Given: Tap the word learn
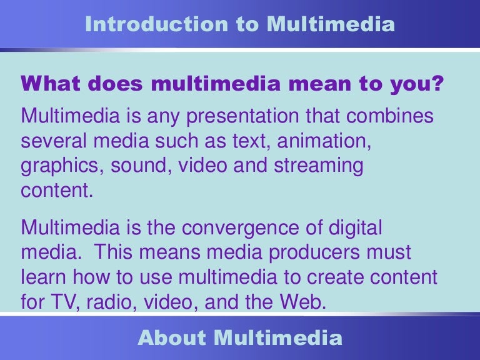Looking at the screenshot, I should pos(44,277).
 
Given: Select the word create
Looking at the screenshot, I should pos(341,277).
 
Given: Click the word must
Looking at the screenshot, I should pos(390,252).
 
